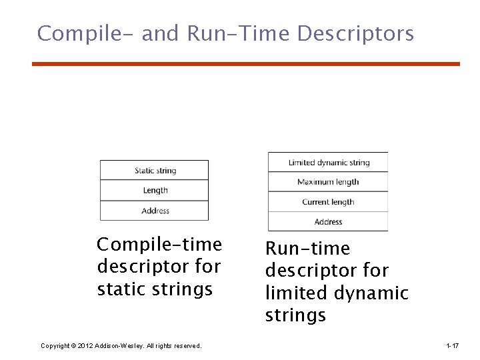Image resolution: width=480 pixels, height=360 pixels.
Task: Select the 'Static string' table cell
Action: [155, 171]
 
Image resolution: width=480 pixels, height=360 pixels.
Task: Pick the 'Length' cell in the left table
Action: [155, 191]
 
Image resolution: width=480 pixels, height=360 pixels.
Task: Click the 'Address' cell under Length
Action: [155, 211]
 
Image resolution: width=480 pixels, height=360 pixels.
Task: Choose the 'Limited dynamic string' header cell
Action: [328, 163]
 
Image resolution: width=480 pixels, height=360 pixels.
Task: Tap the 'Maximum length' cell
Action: [328, 182]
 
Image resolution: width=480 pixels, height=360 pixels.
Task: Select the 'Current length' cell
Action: [328, 202]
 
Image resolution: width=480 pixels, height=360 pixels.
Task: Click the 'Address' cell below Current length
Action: [328, 222]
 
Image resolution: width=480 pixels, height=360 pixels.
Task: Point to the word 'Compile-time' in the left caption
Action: [159, 245]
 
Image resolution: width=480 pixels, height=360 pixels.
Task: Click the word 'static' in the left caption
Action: [126, 289]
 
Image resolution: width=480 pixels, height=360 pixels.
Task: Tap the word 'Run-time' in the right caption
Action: [307, 249]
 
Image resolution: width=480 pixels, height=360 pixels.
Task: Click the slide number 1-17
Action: [452, 345]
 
